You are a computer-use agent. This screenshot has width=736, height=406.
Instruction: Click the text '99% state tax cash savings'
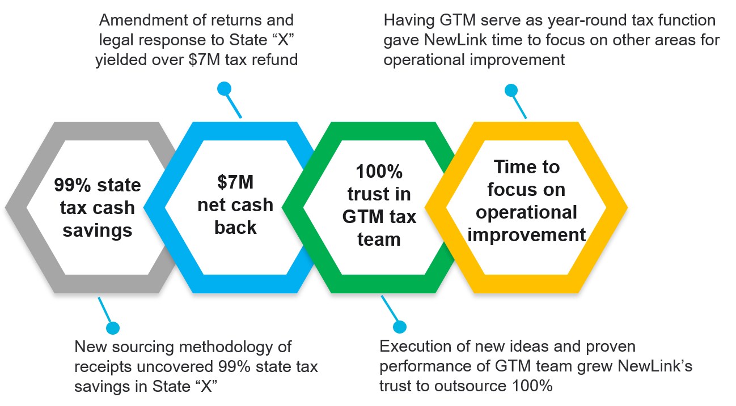click(x=98, y=208)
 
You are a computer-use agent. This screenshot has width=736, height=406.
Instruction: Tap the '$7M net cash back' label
click(x=235, y=204)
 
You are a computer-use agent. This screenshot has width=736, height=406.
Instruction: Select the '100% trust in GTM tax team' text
click(x=379, y=205)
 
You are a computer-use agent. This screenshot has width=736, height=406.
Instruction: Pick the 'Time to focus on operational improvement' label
click(x=526, y=200)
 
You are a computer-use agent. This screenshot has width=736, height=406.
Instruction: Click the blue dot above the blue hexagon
click(x=225, y=89)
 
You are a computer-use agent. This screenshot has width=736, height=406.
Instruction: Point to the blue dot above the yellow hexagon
click(x=511, y=90)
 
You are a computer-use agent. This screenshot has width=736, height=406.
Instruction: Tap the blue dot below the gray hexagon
click(x=113, y=328)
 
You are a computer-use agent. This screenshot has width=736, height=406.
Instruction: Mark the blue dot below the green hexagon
click(x=400, y=327)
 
